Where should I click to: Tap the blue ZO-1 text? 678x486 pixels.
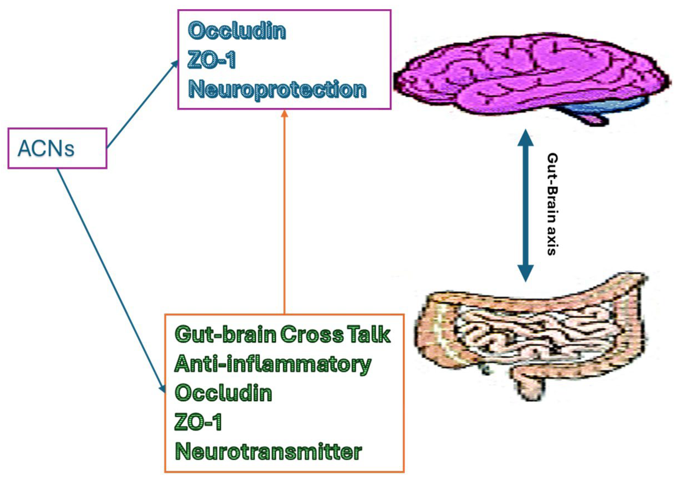211,60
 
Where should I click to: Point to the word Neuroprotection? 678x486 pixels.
277,89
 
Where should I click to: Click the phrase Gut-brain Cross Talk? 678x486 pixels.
282,334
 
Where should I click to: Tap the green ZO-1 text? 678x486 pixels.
198,422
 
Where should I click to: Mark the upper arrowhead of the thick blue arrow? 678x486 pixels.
525,138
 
